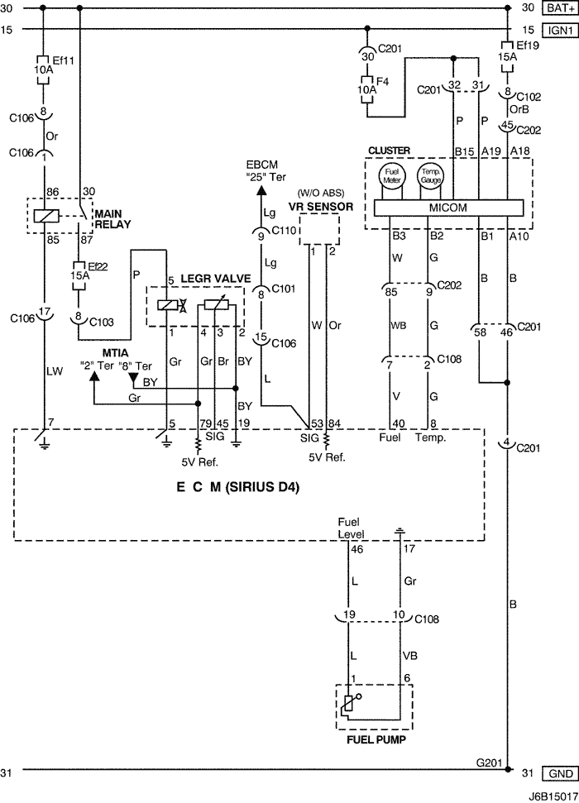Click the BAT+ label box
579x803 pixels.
tap(558, 8)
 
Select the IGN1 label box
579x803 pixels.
tap(558, 29)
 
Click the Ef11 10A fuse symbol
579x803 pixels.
tap(42, 65)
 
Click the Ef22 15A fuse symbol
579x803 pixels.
tap(79, 275)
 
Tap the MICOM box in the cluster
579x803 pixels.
tap(448, 208)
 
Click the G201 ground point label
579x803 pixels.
tap(488, 762)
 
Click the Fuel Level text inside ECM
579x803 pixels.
tap(352, 528)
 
